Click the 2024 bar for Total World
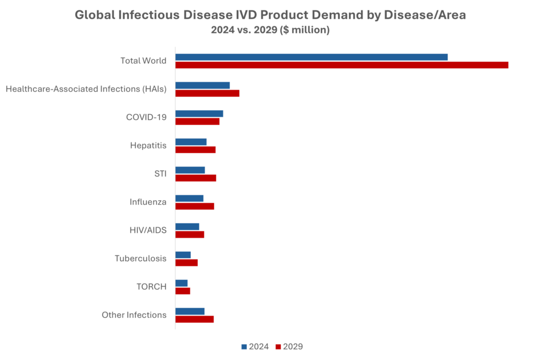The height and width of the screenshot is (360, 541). tap(312, 57)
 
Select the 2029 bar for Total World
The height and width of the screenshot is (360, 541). tap(342, 65)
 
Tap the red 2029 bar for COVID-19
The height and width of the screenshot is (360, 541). tap(198, 122)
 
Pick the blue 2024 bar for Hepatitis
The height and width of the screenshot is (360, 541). tap(191, 142)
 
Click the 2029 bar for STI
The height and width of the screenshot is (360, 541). tap(196, 178)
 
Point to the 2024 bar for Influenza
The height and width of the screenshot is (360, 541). tap(190, 198)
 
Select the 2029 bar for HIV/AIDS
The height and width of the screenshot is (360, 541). tap(190, 235)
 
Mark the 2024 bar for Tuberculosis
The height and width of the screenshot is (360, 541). tap(183, 255)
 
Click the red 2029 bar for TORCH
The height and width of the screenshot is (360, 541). tap(183, 291)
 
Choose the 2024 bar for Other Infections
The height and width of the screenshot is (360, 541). tap(190, 311)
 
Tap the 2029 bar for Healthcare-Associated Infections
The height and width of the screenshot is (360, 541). tap(208, 93)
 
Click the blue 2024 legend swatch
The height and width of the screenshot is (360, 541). tap(244, 347)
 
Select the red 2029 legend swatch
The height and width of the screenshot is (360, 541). tap(278, 347)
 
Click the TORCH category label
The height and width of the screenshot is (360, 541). tap(151, 287)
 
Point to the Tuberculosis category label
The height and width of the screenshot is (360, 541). tap(141, 259)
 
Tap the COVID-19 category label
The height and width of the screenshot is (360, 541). tap(146, 117)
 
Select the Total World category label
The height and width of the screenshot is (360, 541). tap(143, 61)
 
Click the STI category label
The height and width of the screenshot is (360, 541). tap(160, 174)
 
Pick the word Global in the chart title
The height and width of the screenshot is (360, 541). tap(93, 15)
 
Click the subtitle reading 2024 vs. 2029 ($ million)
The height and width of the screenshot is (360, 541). tap(270, 31)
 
